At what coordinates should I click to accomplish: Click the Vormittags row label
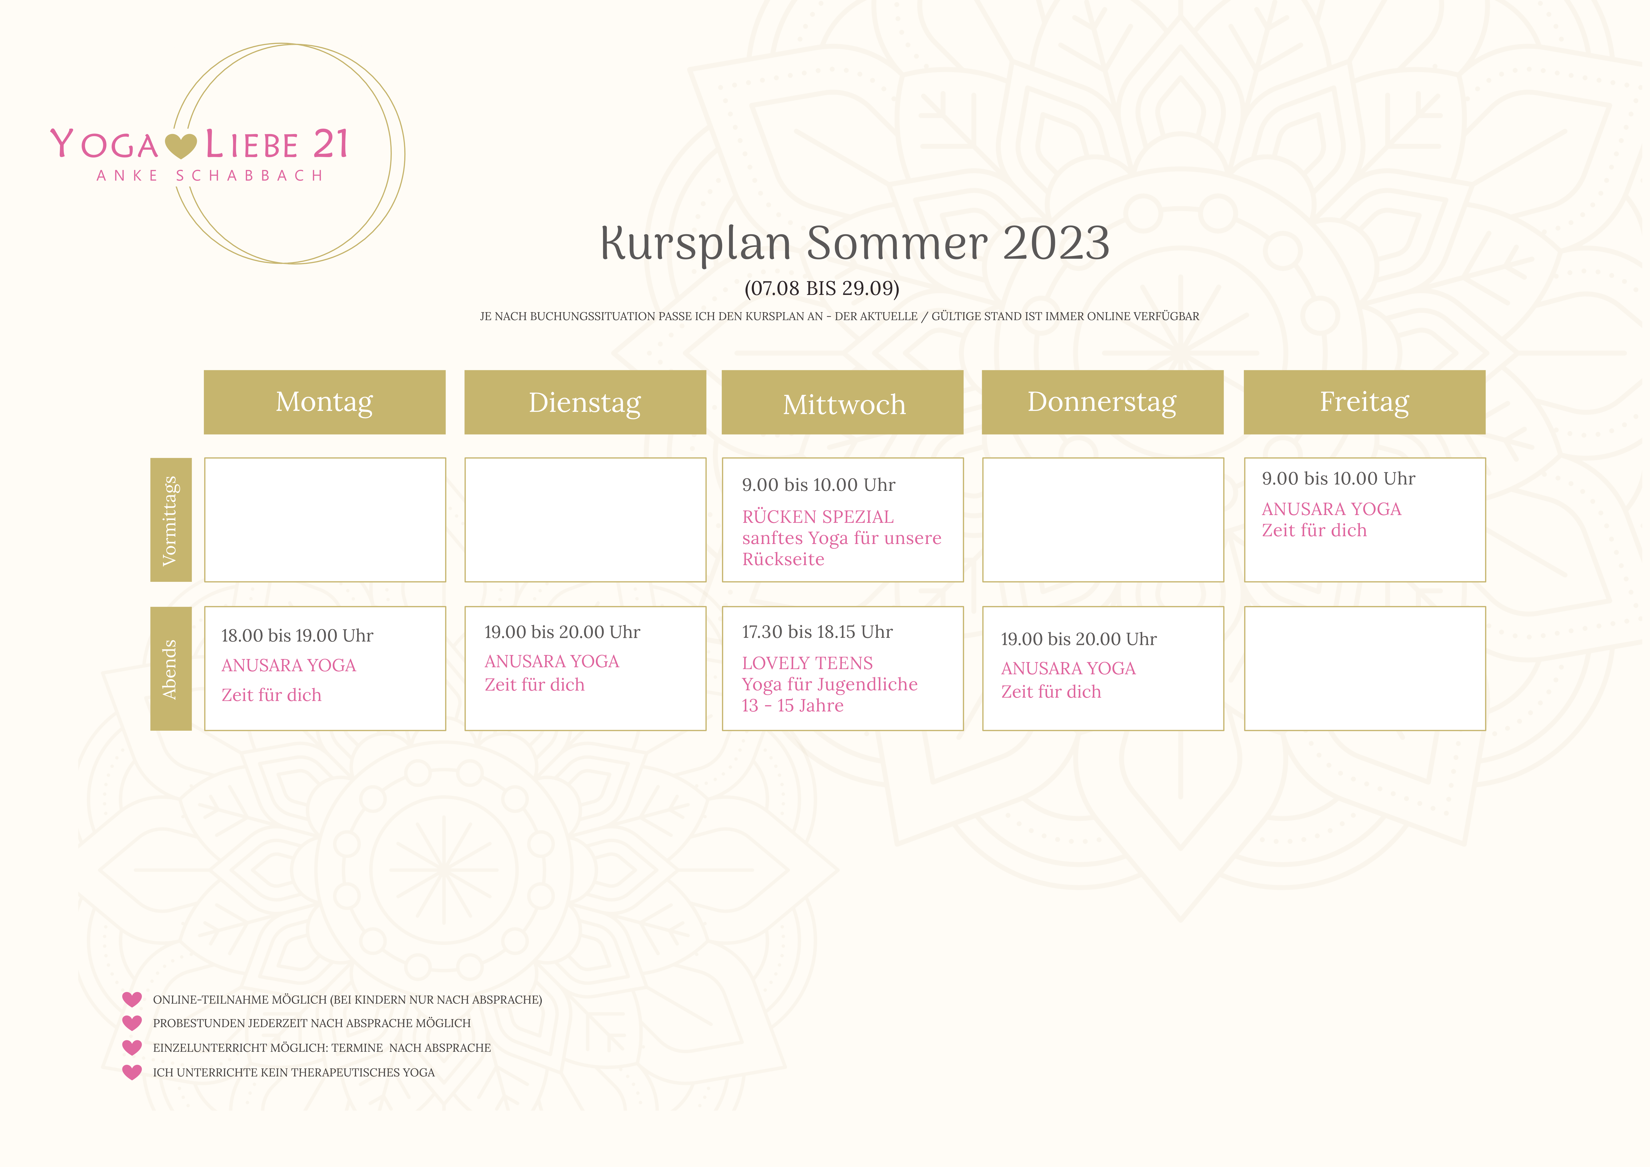pyautogui.click(x=171, y=520)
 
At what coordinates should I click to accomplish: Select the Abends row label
pyautogui.click(x=171, y=668)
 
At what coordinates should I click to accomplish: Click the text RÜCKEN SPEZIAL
pyautogui.click(x=818, y=517)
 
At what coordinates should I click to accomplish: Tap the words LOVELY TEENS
pyautogui.click(x=807, y=663)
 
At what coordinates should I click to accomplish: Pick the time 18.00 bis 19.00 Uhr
pyautogui.click(x=297, y=636)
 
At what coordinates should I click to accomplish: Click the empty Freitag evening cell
pyautogui.click(x=1364, y=668)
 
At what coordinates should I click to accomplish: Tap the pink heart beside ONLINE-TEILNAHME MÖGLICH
pyautogui.click(x=132, y=999)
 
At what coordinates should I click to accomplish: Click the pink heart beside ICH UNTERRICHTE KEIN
pyautogui.click(x=132, y=1072)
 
